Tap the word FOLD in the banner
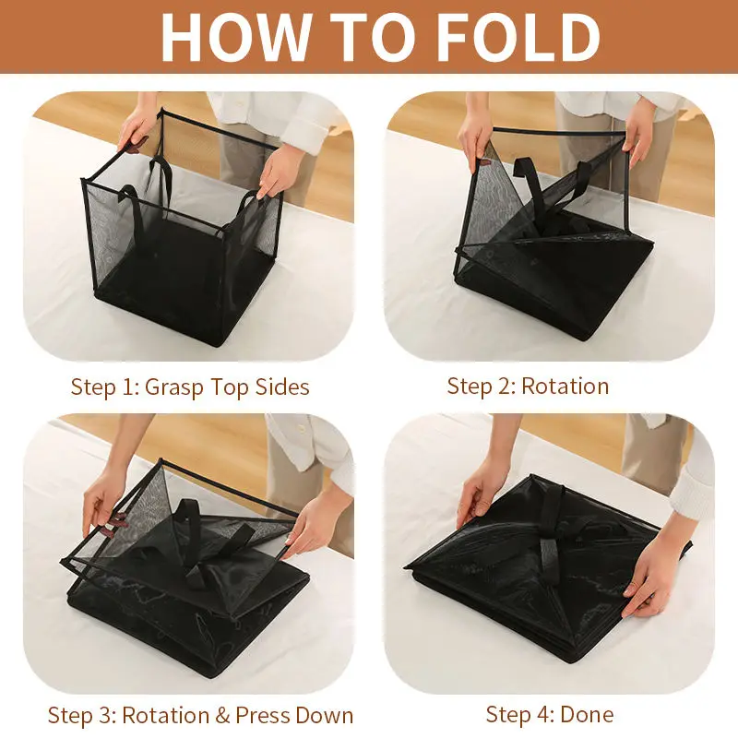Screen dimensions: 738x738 [x=518, y=37]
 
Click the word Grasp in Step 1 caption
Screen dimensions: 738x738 [x=174, y=387]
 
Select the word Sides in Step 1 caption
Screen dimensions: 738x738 [x=282, y=387]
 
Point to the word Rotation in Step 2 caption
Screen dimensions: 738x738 [x=565, y=386]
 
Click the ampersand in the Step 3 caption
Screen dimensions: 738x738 [x=222, y=716]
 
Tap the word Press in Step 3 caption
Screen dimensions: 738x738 [x=263, y=716]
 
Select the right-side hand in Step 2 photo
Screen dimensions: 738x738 [x=638, y=133]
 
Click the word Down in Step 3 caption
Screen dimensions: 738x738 [x=325, y=716]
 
